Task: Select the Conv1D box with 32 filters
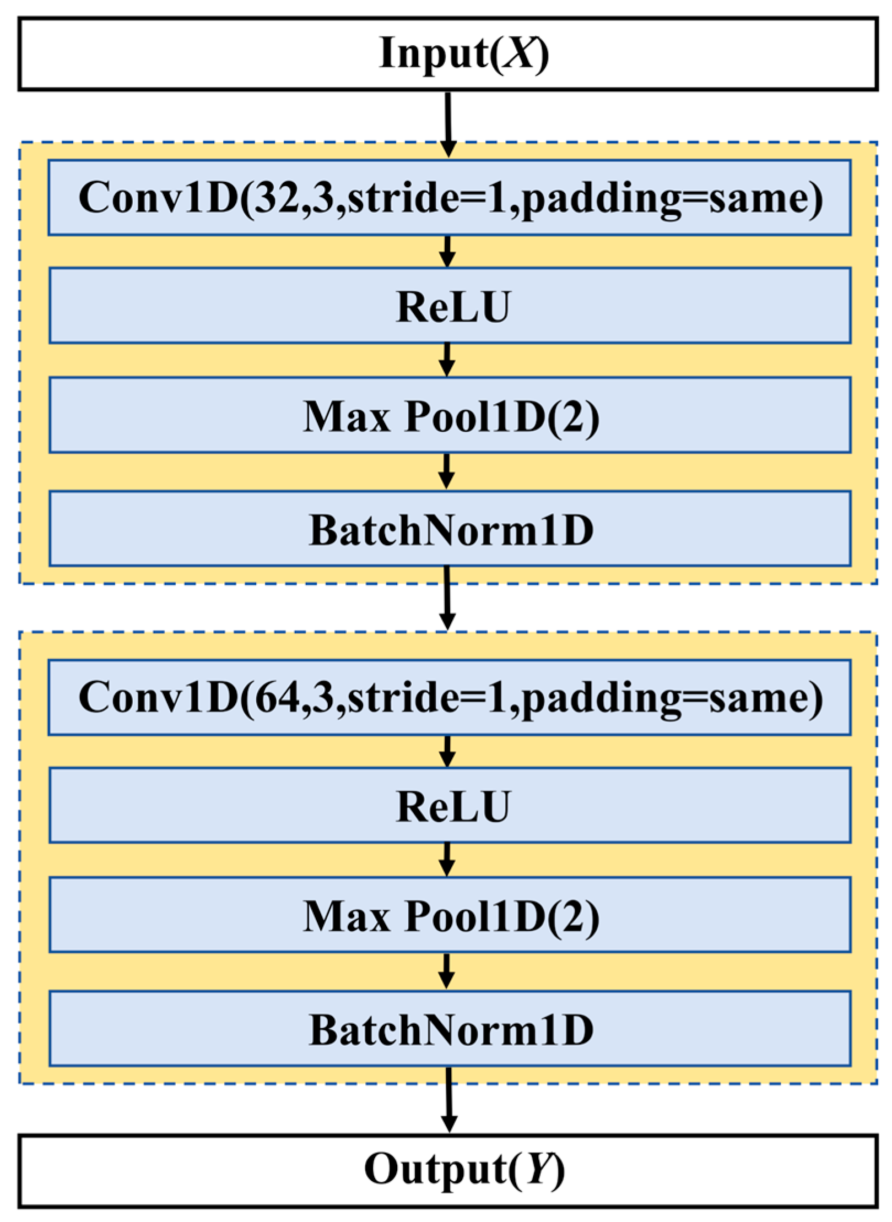click(449, 197)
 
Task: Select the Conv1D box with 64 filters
click(449, 697)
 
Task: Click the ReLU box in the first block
click(449, 306)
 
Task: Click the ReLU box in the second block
click(449, 806)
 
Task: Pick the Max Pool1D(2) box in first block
click(449, 415)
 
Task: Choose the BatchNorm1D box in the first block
click(449, 529)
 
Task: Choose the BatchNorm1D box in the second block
click(449, 1029)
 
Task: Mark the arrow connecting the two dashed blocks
click(447, 598)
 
